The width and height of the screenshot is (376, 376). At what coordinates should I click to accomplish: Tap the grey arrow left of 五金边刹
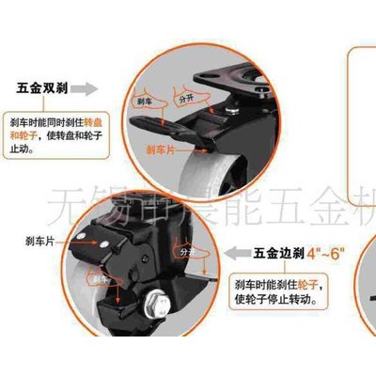(237, 252)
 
